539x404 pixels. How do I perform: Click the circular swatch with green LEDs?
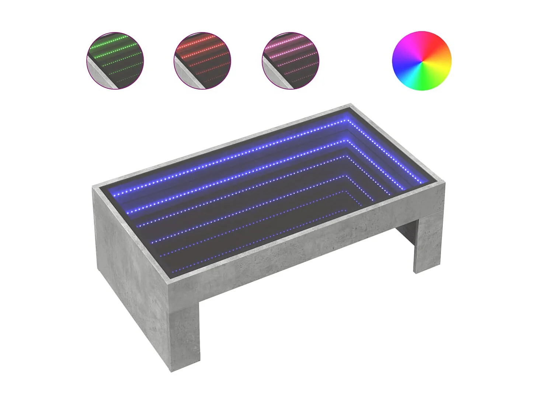coord(115,60)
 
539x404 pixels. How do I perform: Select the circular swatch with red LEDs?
coord(202,60)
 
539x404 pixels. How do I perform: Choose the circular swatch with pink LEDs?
coord(290,60)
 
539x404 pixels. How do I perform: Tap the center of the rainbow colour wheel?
coord(421,60)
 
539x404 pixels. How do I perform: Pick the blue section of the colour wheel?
coord(404,68)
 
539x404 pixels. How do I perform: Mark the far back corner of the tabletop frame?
coord(350,105)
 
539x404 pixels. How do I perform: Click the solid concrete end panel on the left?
coord(133,258)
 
